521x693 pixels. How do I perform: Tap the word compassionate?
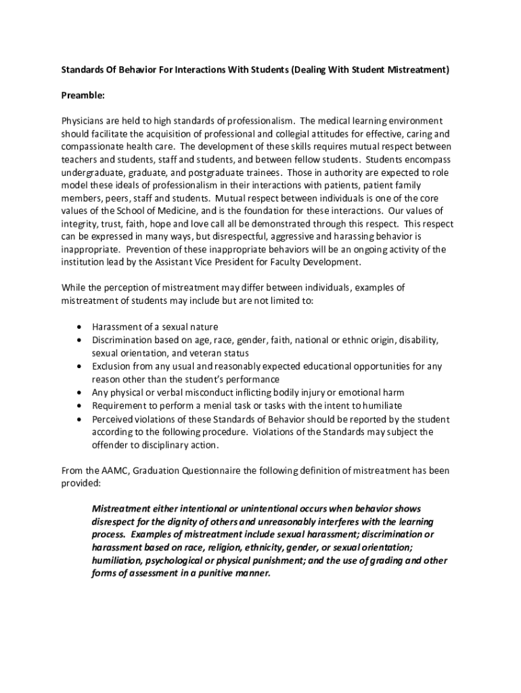coord(91,147)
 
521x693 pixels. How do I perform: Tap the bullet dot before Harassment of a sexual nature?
coord(80,327)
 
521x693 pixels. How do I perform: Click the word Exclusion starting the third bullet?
coord(112,366)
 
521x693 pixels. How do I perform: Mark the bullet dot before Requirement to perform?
coord(80,405)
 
